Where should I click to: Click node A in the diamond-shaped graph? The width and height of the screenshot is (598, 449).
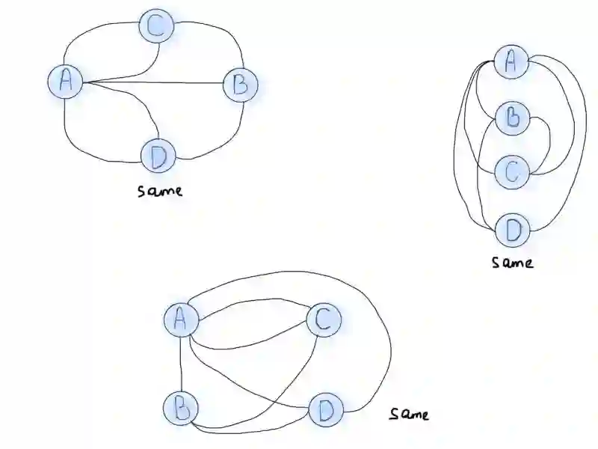tap(66, 81)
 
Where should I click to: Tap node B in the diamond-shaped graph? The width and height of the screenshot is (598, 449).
tap(240, 85)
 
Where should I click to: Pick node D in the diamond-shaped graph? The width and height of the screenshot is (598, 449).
tap(158, 156)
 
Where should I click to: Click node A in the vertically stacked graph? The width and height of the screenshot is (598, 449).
tap(512, 63)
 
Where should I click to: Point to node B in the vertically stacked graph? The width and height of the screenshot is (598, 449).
tap(513, 118)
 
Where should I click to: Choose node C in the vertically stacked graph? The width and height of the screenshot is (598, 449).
tap(512, 171)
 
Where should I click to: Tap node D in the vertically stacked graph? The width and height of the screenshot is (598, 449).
tap(513, 228)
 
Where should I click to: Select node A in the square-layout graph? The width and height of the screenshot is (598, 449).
tap(181, 320)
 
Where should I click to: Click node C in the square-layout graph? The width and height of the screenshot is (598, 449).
tap(324, 320)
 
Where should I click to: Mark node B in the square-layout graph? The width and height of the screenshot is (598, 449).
tap(181, 409)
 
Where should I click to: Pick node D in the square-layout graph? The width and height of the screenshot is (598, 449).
tap(326, 410)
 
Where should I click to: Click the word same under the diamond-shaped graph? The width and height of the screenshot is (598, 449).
tap(160, 190)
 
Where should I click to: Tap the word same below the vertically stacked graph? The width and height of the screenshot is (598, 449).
tap(513, 262)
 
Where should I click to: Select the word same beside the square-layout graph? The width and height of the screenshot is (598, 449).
tap(409, 413)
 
